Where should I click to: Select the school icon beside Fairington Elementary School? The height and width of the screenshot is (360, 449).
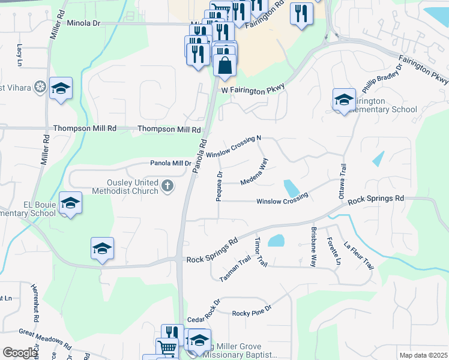click(x=344, y=100)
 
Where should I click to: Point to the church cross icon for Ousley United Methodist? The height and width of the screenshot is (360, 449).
click(x=167, y=187)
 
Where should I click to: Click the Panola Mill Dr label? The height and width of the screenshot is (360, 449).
click(x=170, y=163)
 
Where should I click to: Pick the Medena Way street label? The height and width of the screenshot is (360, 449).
click(x=254, y=172)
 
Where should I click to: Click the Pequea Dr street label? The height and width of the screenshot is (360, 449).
click(x=220, y=187)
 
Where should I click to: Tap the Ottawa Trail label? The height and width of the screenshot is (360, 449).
click(x=343, y=179)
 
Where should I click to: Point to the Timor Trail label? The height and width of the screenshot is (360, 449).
click(x=260, y=252)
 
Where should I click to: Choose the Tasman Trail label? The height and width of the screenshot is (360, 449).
click(x=235, y=271)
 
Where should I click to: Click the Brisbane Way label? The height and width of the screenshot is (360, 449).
click(x=313, y=246)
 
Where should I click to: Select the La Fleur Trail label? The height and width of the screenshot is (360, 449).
click(x=358, y=255)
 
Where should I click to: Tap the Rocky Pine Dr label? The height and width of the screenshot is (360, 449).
click(x=252, y=313)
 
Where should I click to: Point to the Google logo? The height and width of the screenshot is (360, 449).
click(x=20, y=353)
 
